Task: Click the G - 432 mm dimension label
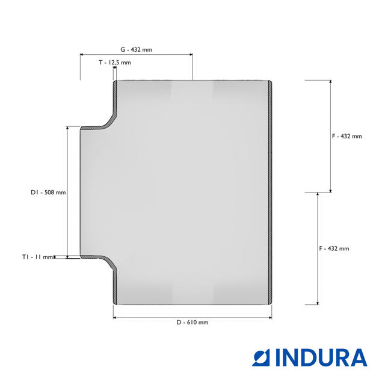click(x=137, y=49)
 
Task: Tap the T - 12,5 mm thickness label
click(x=115, y=63)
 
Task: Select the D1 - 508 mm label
click(x=48, y=192)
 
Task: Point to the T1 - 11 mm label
click(x=37, y=257)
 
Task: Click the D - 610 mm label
click(x=192, y=322)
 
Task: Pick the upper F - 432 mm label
click(x=347, y=137)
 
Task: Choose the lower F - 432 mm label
click(x=334, y=248)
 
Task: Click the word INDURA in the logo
click(x=321, y=357)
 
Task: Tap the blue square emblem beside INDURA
click(x=261, y=357)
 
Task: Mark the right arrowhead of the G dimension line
click(x=191, y=55)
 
